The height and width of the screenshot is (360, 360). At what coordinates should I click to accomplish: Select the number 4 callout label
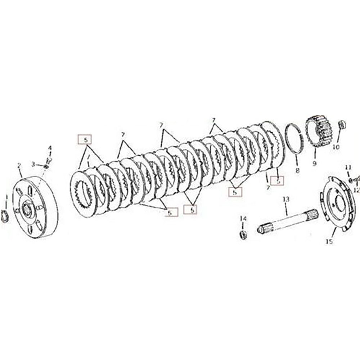pos(50,148)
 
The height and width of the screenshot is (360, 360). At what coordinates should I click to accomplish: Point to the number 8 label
pos(297,171)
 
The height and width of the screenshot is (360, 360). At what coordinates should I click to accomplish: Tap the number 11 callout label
pos(348,167)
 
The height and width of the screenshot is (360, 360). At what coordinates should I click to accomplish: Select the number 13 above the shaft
pos(286,199)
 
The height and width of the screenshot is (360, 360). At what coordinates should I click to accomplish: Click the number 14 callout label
pos(243,219)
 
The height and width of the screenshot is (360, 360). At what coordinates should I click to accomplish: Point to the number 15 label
pos(329,242)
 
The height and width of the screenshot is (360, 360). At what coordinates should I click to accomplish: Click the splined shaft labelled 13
pos(286,221)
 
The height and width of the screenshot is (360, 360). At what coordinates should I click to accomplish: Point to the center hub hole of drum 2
pos(26,208)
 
